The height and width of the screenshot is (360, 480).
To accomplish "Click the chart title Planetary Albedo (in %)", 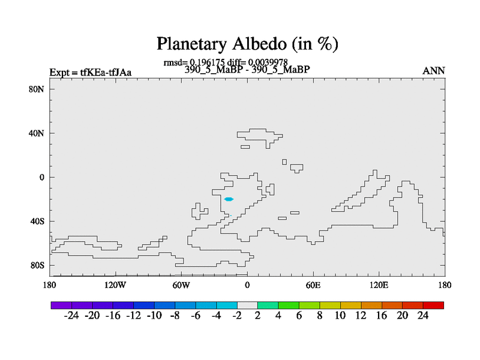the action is (x=247, y=44).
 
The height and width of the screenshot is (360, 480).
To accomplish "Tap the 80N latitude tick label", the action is (x=37, y=89).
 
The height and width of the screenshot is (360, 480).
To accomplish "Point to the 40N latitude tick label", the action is (x=37, y=133).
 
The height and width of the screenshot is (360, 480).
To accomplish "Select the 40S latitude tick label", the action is (x=37, y=221).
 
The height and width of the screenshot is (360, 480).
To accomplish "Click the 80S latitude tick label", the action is (x=37, y=265).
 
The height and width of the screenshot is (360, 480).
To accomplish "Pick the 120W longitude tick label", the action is (x=115, y=285).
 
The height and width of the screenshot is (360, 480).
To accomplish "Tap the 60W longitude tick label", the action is (x=181, y=285).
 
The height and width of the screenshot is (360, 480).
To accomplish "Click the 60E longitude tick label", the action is (x=313, y=285).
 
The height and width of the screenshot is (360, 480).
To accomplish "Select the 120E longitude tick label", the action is (x=379, y=285).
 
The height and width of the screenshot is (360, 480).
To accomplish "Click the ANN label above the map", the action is (x=433, y=71).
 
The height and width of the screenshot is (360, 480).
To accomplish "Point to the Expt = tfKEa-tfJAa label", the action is (x=91, y=72).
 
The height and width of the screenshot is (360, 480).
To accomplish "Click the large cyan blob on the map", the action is (x=229, y=199).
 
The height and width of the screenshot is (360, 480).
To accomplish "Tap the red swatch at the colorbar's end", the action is (x=433, y=305).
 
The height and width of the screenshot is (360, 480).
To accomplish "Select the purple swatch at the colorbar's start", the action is (x=61, y=305).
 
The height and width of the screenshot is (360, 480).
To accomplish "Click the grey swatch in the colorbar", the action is (x=247, y=305).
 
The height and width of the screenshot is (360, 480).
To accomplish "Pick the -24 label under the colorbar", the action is (x=71, y=316).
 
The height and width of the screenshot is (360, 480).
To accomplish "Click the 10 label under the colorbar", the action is (x=340, y=316).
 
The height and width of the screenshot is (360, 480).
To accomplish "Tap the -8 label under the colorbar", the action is (x=175, y=316).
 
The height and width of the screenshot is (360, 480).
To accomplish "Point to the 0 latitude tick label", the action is (x=41, y=177).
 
